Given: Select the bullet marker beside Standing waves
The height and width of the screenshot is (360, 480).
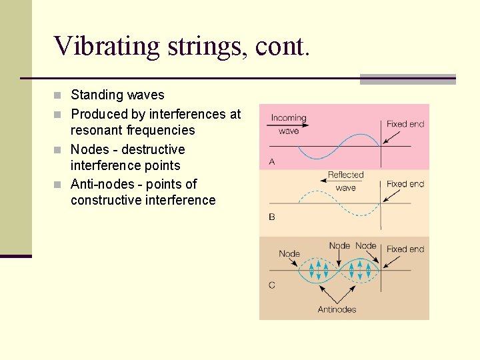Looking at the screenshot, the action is pyautogui.click(x=61, y=95).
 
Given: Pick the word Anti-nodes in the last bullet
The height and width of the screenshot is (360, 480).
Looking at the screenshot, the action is pyautogui.click(x=103, y=184).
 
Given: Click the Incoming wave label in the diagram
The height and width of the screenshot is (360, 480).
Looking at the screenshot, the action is pyautogui.click(x=289, y=124).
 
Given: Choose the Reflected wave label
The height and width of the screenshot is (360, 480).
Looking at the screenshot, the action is pyautogui.click(x=345, y=181).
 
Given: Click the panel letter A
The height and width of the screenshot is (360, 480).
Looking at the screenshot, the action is pyautogui.click(x=272, y=161).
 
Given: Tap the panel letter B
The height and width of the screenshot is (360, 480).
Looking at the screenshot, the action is pyautogui.click(x=272, y=217).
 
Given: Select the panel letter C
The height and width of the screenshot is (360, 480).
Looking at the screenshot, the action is pyautogui.click(x=272, y=285).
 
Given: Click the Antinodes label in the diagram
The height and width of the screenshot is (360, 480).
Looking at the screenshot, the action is pyautogui.click(x=337, y=309).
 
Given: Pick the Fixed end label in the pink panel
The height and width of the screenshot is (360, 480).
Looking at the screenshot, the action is pyautogui.click(x=405, y=124).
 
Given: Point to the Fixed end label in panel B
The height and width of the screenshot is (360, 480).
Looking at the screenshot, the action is pyautogui.click(x=405, y=184).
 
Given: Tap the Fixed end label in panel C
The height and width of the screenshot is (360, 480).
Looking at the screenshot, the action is pyautogui.click(x=405, y=249).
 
